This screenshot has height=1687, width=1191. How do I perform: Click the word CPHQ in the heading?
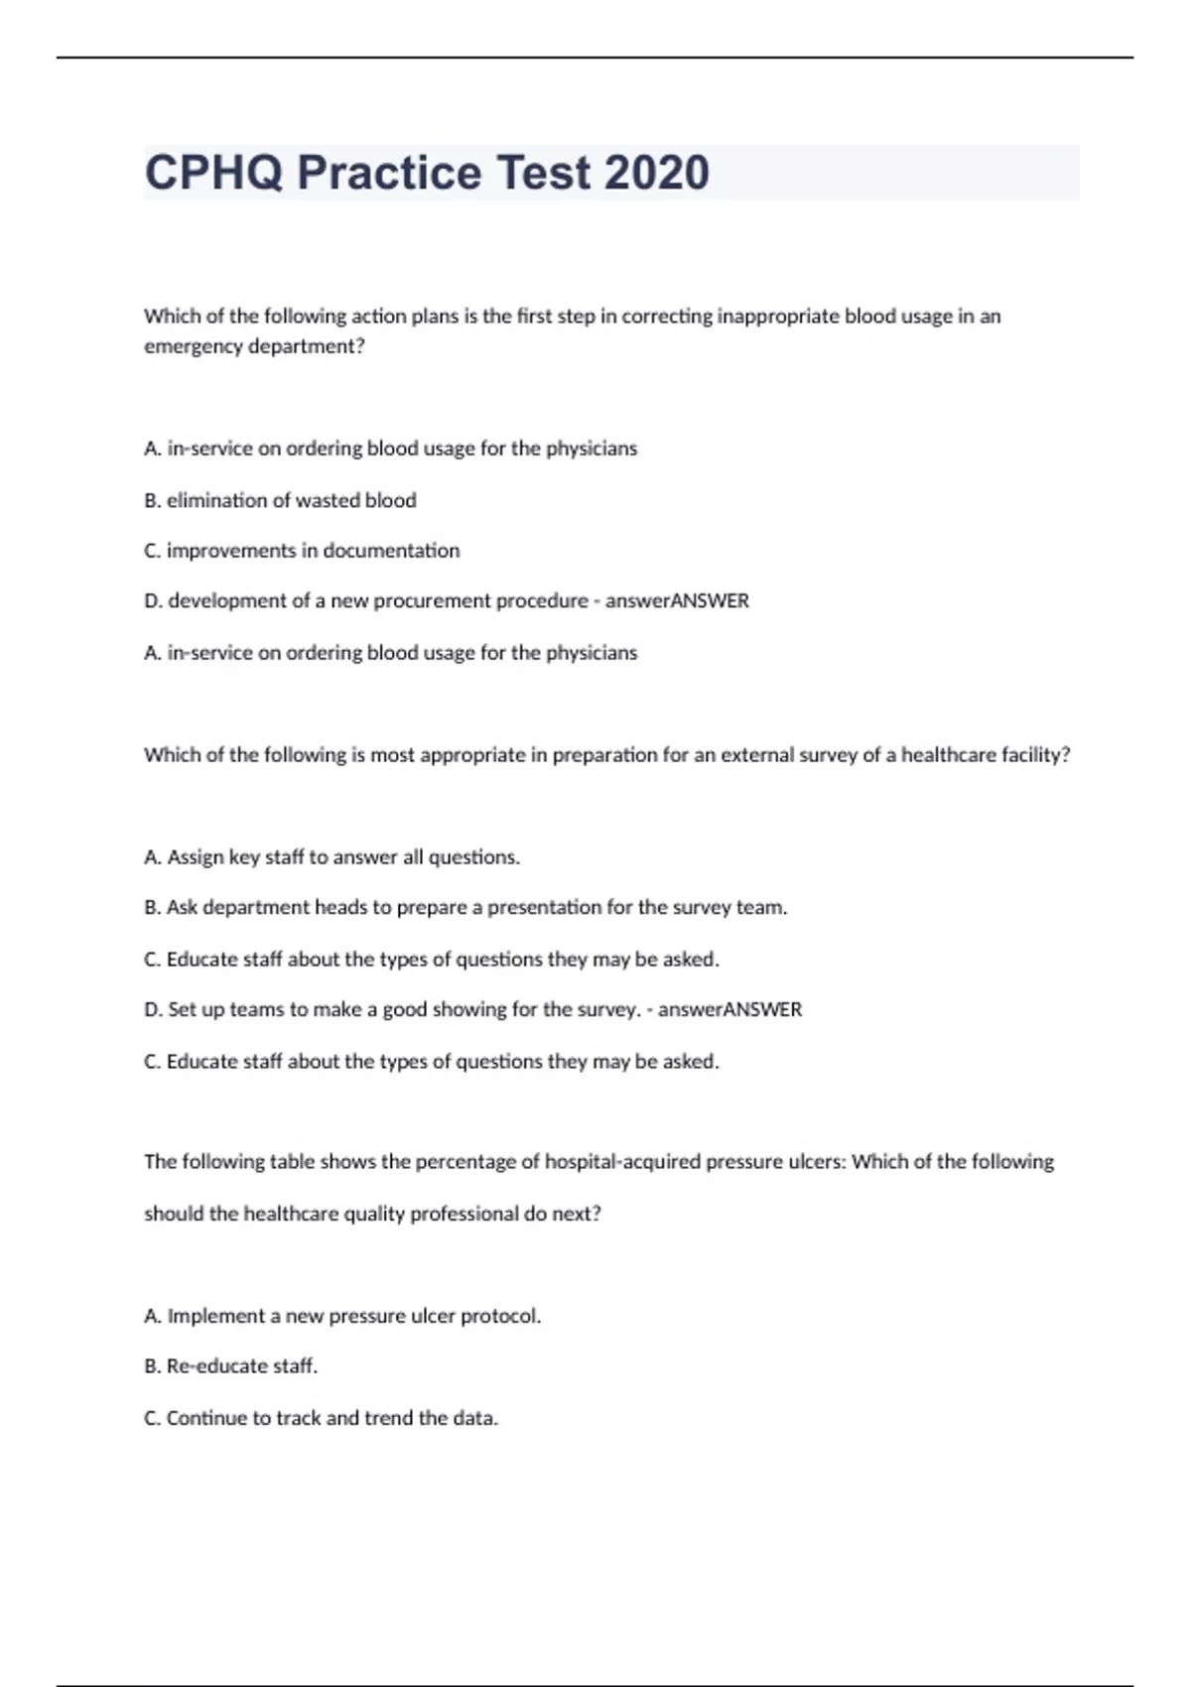point(213,173)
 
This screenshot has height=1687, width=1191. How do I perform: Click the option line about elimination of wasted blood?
point(280,500)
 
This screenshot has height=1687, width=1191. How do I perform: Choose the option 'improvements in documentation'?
point(302,551)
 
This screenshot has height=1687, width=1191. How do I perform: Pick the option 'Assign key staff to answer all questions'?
point(331,857)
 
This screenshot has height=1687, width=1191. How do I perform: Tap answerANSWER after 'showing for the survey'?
point(729,1010)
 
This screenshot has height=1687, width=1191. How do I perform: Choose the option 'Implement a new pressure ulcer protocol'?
point(342,1317)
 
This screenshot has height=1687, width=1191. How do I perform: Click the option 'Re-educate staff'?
point(230,1366)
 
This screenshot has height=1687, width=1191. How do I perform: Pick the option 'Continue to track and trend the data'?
point(321,1418)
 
